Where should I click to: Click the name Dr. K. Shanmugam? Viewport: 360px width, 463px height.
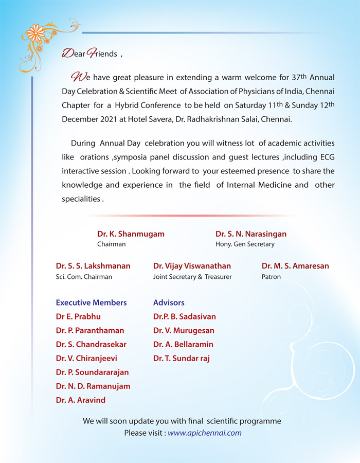131,234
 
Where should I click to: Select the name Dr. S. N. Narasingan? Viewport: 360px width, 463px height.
251,234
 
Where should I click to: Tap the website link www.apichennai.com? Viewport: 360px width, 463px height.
204,433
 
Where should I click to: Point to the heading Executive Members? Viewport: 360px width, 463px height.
91,302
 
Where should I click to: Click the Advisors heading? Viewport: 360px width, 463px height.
169,302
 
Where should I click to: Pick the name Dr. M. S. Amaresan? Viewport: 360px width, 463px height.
295,266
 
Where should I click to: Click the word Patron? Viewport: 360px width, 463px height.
271,277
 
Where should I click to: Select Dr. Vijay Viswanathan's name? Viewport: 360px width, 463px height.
192,266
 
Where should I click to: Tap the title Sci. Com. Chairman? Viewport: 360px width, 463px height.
84,277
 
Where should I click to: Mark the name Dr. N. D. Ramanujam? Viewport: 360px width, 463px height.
93,386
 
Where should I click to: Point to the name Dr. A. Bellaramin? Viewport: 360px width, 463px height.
183,344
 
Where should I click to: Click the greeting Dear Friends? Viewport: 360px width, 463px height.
89,54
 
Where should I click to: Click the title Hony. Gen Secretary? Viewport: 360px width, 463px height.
245,244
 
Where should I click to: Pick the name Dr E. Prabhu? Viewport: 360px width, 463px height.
78,316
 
